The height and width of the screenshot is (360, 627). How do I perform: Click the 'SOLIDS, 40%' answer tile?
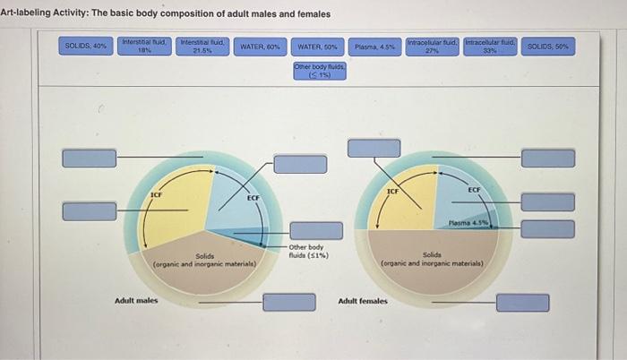[86, 46]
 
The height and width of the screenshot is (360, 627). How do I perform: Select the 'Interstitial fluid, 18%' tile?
[144, 46]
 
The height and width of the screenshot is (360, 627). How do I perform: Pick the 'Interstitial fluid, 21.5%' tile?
[202, 46]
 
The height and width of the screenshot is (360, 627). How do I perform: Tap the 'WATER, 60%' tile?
[261, 46]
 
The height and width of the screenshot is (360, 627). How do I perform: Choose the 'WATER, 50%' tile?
[318, 46]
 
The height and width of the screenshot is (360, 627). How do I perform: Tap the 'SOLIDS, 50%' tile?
[548, 46]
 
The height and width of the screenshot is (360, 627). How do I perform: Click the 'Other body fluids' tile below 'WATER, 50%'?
[320, 72]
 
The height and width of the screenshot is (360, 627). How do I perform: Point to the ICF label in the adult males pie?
[156, 193]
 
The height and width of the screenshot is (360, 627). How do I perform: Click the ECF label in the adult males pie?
[253, 197]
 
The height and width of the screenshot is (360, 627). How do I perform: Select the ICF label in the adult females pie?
[392, 192]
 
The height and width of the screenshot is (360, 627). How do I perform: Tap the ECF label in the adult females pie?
[474, 190]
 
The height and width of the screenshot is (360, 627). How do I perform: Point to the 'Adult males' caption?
[136, 300]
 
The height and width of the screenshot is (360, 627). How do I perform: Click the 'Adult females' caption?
[363, 301]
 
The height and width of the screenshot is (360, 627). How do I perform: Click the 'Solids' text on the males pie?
[205, 256]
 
